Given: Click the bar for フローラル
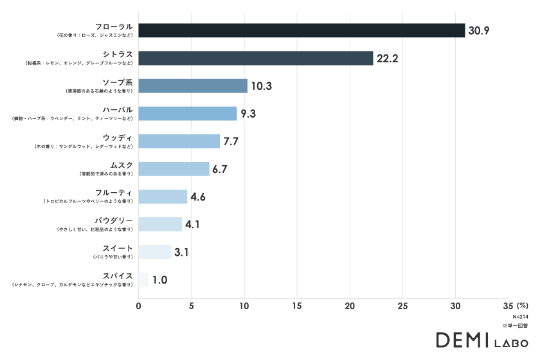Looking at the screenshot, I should (x=301, y=30).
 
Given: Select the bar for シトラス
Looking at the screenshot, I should (x=256, y=58).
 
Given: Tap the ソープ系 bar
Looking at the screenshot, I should (x=193, y=85).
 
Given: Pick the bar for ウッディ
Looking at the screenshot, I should (x=179, y=141).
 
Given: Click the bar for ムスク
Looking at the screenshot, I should (x=174, y=169).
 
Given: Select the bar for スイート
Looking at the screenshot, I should (x=155, y=252).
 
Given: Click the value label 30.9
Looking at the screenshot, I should (x=479, y=30).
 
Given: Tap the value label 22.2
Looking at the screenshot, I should (x=388, y=59).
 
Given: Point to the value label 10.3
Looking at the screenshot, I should (x=261, y=86).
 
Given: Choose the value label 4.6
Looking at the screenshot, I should (x=198, y=197).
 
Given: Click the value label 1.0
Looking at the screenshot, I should (x=160, y=280).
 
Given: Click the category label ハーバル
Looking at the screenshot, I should (x=118, y=110).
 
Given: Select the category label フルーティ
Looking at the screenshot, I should (x=113, y=193).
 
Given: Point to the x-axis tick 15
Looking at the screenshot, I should (x=297, y=305).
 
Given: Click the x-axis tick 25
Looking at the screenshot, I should (x=402, y=305).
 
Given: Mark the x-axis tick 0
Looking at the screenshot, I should (x=139, y=305).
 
